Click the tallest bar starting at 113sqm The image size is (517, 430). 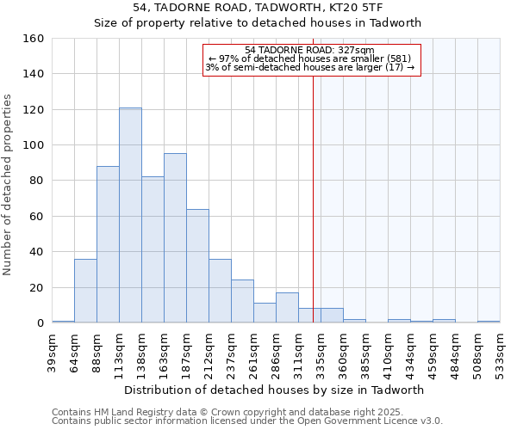tap(130, 215)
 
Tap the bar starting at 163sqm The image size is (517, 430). tap(175, 238)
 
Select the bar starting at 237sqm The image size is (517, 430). tap(242, 301)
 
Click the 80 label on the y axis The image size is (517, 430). tap(36, 181)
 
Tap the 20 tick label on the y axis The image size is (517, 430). tap(36, 287)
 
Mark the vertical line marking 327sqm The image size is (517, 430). tap(313, 189)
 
